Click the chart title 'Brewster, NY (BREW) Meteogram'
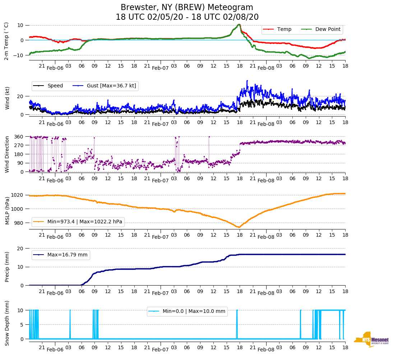point(187,8)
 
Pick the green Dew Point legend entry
point(321,29)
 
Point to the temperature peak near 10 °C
point(239,24)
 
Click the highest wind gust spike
point(247,81)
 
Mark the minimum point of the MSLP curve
point(239,227)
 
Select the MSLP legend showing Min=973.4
point(78,222)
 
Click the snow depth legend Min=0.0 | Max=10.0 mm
point(187,311)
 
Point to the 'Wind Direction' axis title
point(7,154)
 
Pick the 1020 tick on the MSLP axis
point(18,195)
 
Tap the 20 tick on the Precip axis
point(21,249)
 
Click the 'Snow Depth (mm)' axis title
point(7,323)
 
